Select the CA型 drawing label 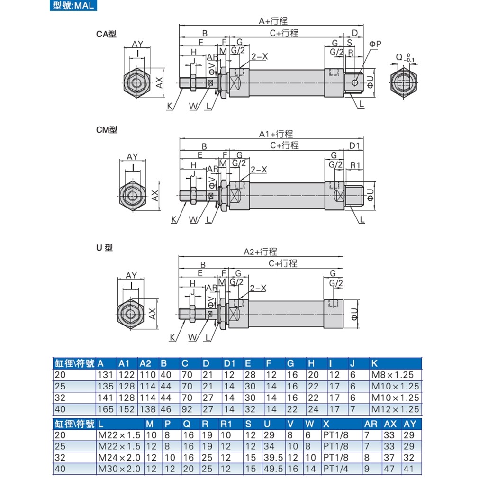pyautogui.click(x=106, y=34)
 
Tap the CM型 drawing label pyautogui.click(x=107, y=130)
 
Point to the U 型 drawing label pyautogui.click(x=105, y=247)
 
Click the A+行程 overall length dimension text pyautogui.click(x=273, y=21)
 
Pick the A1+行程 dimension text pyautogui.click(x=275, y=134)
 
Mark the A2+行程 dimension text pyautogui.click(x=260, y=252)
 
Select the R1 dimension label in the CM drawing pyautogui.click(x=356, y=165)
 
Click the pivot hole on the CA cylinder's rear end pyautogui.click(x=354, y=83)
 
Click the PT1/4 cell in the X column pyautogui.click(x=335, y=469)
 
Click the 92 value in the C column pyautogui.click(x=187, y=409)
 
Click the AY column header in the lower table pyautogui.click(x=409, y=424)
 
